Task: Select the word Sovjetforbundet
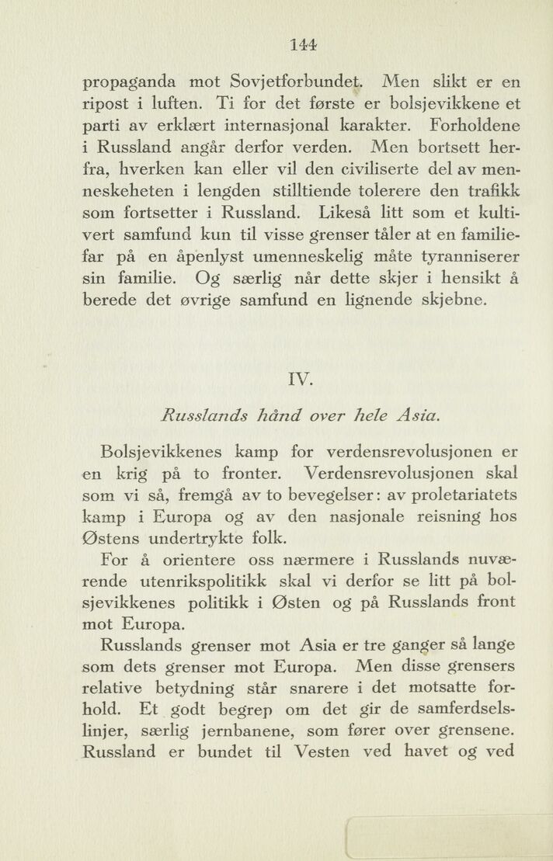[297, 81]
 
